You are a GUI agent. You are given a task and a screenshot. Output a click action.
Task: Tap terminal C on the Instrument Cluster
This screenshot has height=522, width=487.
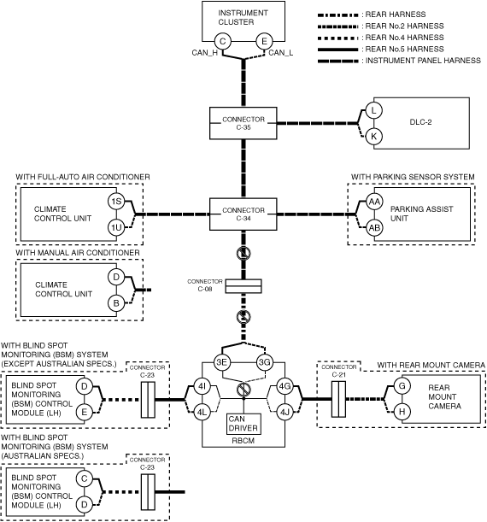point(223,41)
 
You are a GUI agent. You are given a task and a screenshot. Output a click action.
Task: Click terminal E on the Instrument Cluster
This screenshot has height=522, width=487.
point(264,41)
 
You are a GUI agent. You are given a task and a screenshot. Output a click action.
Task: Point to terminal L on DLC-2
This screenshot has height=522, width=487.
point(374,110)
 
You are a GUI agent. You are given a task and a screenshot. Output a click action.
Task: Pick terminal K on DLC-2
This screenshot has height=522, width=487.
point(374,137)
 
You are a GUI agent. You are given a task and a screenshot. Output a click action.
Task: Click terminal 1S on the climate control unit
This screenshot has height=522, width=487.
point(116,202)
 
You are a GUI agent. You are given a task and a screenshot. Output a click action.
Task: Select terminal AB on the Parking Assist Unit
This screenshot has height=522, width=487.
point(374,228)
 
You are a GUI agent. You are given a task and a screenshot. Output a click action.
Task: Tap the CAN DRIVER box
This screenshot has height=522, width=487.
point(243,424)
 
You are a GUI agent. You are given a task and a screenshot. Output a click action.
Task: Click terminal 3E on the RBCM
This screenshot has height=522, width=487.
point(221,362)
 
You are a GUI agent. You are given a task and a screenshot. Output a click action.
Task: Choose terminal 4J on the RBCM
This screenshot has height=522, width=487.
point(285,413)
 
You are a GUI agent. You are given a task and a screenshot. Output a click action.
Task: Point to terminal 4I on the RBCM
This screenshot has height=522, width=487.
point(202,386)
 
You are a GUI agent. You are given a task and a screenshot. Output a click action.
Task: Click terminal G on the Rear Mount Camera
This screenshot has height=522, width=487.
point(402,386)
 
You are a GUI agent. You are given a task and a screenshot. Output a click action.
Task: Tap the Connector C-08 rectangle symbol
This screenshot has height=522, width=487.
point(243,286)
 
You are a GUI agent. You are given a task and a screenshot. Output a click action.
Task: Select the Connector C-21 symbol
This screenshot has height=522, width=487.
point(338,399)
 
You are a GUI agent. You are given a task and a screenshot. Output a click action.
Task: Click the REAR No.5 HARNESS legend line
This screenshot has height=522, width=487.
point(337,50)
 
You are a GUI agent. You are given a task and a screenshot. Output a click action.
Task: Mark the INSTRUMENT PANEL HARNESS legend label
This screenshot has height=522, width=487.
point(423,61)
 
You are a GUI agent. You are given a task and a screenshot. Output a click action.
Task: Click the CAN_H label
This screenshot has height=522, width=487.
point(205,53)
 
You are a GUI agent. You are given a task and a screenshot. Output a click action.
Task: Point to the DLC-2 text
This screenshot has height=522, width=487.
point(420,122)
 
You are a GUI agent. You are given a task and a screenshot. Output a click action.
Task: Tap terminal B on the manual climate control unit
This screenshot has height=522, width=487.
point(116,303)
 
